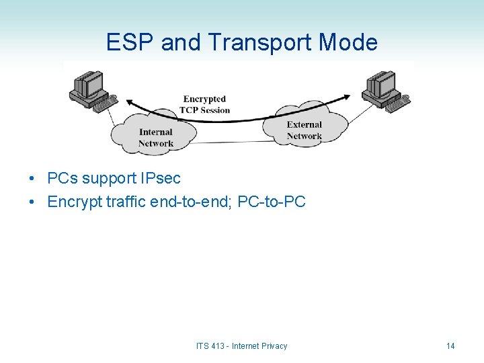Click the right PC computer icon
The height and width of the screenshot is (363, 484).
384,90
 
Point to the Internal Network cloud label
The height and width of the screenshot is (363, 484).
156,137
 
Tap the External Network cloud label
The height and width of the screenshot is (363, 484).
304,130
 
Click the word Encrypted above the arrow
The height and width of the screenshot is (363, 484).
204,99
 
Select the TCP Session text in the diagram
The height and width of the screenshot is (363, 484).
206,110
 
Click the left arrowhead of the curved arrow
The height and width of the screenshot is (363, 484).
130,102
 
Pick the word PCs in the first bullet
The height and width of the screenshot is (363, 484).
63,179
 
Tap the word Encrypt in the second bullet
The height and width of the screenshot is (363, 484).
75,202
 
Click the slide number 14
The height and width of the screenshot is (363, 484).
450,346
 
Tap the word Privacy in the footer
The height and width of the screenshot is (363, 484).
274,346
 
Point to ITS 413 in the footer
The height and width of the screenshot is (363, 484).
211,346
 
